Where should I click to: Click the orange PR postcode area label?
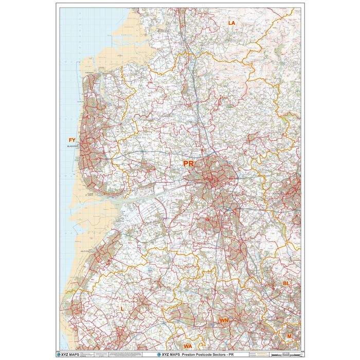[x=188, y=164]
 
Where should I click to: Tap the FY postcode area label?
[x=72, y=140]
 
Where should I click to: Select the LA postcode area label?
[x=231, y=23]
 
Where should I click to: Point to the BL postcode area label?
[x=286, y=283]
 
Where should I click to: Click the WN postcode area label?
[x=224, y=320]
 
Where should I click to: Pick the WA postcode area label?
[x=188, y=347]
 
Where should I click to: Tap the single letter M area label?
[x=290, y=336]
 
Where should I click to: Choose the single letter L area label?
[x=121, y=309]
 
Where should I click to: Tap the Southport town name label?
[x=85, y=252]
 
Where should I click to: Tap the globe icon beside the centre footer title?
[x=152, y=355]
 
